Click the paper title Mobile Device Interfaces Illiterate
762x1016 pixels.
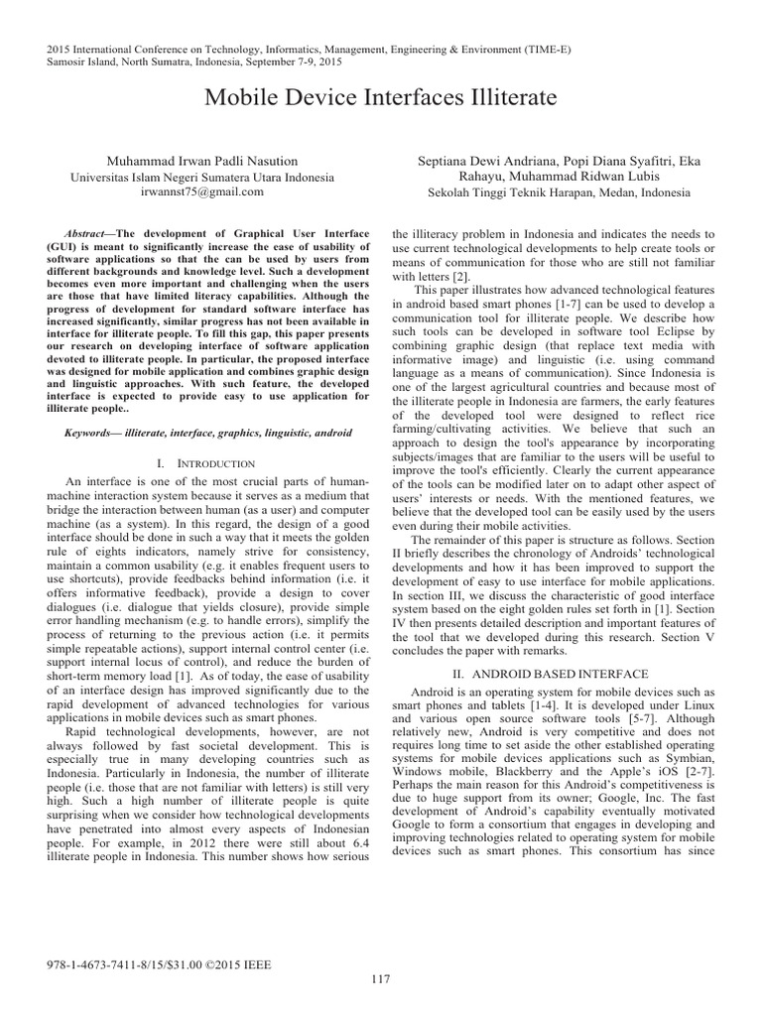380,98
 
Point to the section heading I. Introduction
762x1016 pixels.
207,463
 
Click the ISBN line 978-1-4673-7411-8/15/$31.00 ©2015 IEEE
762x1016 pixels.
159,963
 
